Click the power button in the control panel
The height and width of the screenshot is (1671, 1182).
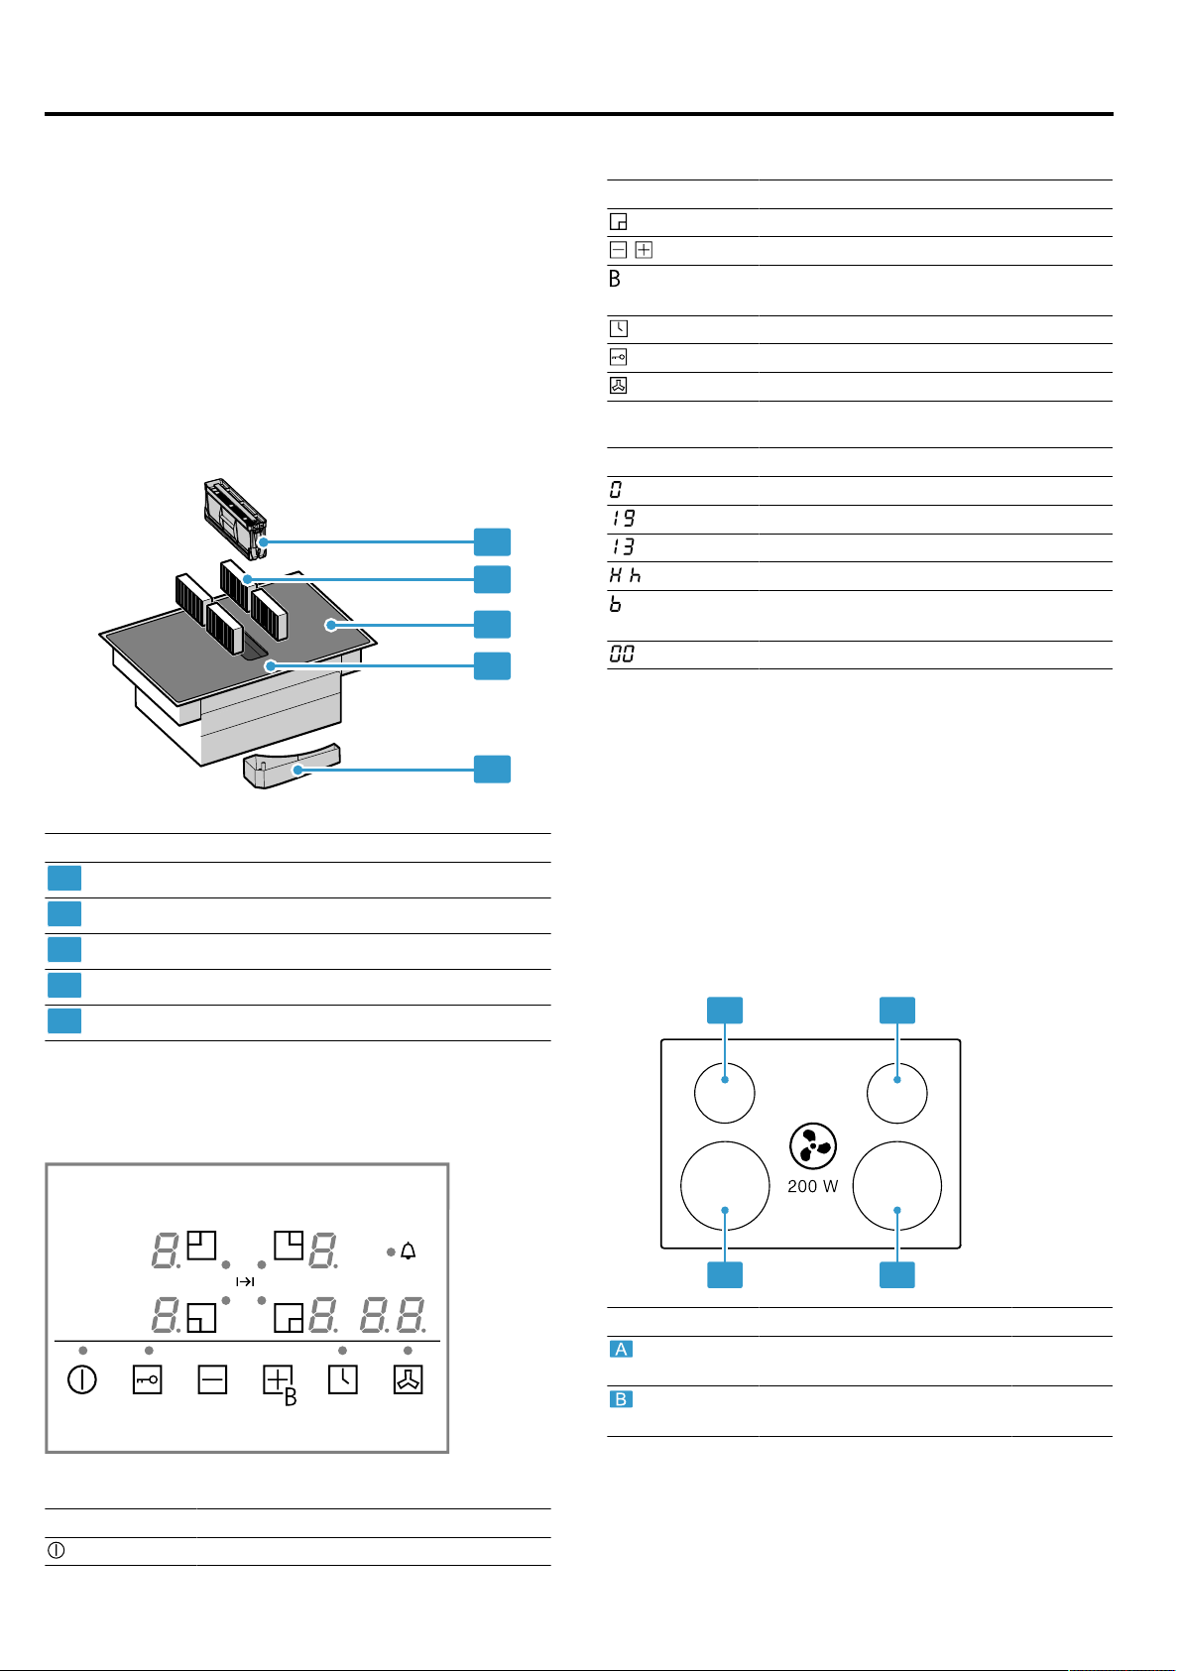click(82, 1380)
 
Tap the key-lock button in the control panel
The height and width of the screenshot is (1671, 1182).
click(148, 1380)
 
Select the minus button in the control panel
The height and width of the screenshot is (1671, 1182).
click(213, 1380)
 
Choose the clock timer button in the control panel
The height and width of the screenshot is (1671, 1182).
click(343, 1380)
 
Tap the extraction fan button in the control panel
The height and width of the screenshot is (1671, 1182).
click(408, 1380)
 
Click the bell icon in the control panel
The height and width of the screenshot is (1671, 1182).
click(408, 1252)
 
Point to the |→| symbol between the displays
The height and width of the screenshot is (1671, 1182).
click(245, 1281)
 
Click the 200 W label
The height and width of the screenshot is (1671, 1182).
click(813, 1186)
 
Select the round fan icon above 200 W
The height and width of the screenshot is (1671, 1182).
click(813, 1146)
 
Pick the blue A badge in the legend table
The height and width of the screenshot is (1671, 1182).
click(621, 1350)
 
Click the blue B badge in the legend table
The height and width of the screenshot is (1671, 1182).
click(621, 1400)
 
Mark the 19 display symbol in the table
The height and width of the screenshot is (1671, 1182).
click(623, 518)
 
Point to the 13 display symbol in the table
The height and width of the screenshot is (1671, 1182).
click(623, 546)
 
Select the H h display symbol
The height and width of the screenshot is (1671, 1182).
click(625, 575)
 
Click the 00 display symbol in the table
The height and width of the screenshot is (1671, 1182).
click(622, 655)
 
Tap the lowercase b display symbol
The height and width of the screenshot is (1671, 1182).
click(616, 604)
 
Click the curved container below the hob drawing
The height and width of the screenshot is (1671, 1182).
click(292, 766)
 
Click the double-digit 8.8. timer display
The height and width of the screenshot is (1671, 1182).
click(394, 1316)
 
